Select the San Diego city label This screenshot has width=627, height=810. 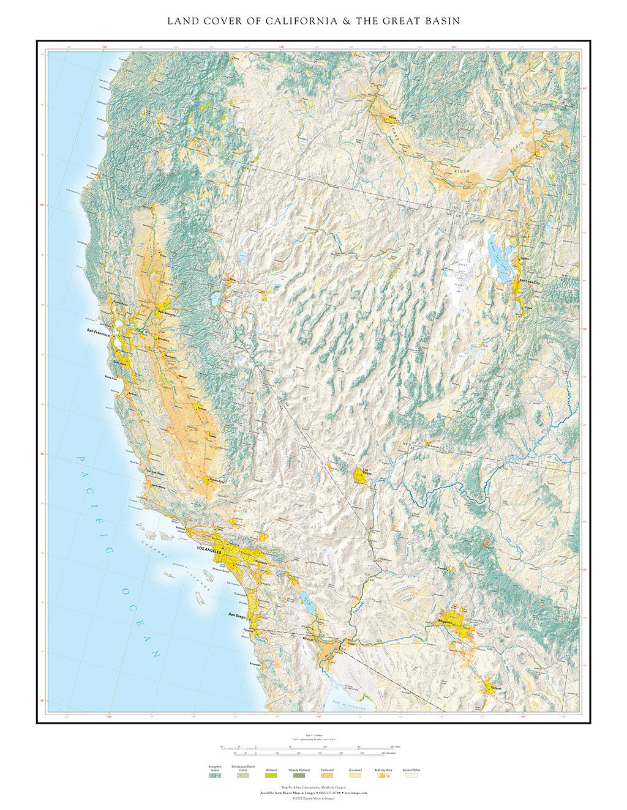[x=239, y=615]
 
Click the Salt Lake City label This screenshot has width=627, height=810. [x=530, y=281]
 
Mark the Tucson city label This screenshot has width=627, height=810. [x=495, y=688]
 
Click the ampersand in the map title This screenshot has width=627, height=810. [x=345, y=21]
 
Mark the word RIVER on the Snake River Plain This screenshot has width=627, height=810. [x=464, y=173]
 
